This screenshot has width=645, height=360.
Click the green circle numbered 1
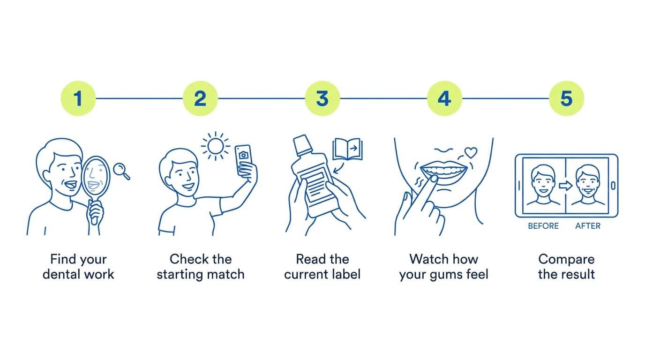(78, 98)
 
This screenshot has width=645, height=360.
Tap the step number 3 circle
(322, 98)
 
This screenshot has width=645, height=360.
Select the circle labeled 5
(566, 98)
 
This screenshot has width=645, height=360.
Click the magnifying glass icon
(121, 172)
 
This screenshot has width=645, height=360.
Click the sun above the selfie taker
(215, 146)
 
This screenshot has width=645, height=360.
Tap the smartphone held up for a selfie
(244, 160)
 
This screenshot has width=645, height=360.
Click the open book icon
(347, 149)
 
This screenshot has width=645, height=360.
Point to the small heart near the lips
(471, 153)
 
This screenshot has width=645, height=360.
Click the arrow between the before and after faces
(565, 186)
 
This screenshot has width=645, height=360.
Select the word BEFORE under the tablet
(543, 226)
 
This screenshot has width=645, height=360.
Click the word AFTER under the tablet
(588, 226)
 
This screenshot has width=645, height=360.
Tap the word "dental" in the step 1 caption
(61, 274)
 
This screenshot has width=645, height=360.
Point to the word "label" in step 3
(345, 274)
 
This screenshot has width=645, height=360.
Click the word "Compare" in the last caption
(566, 260)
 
